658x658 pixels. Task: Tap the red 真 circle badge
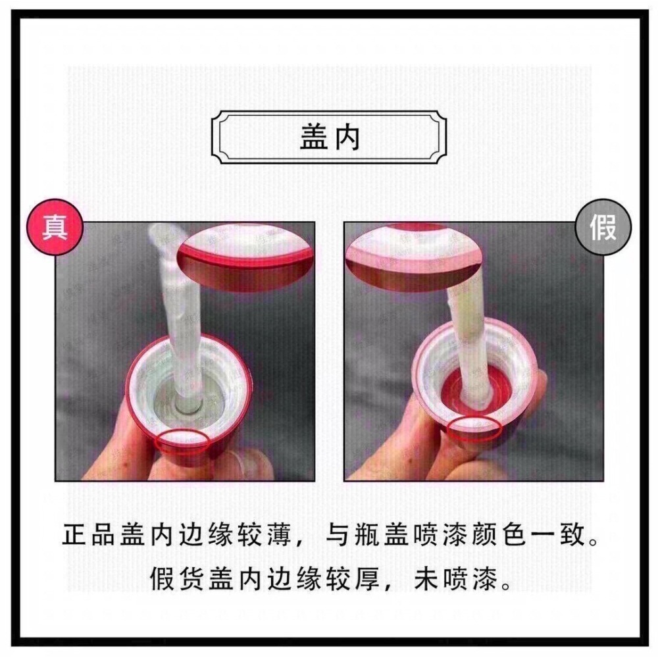(x=55, y=227)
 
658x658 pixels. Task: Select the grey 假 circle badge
(x=603, y=227)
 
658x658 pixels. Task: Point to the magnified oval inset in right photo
(x=413, y=256)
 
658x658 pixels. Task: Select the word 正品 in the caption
(x=91, y=535)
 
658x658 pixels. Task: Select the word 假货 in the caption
(x=178, y=579)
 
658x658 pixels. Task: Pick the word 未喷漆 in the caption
(x=456, y=579)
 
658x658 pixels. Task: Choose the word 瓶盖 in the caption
(x=383, y=535)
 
